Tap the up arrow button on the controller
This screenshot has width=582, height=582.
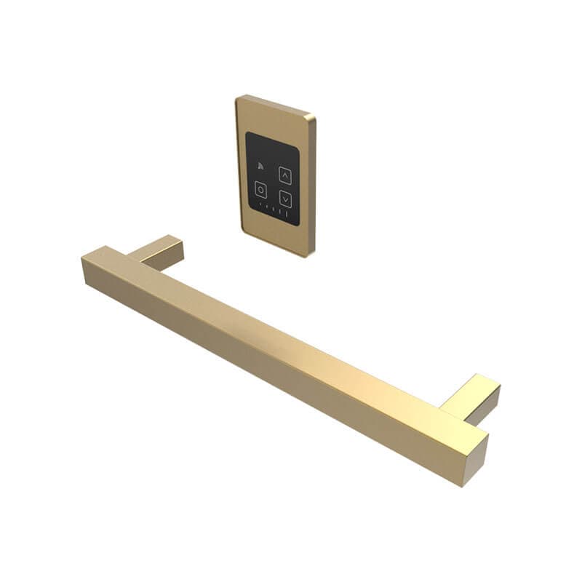point(285,175)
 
